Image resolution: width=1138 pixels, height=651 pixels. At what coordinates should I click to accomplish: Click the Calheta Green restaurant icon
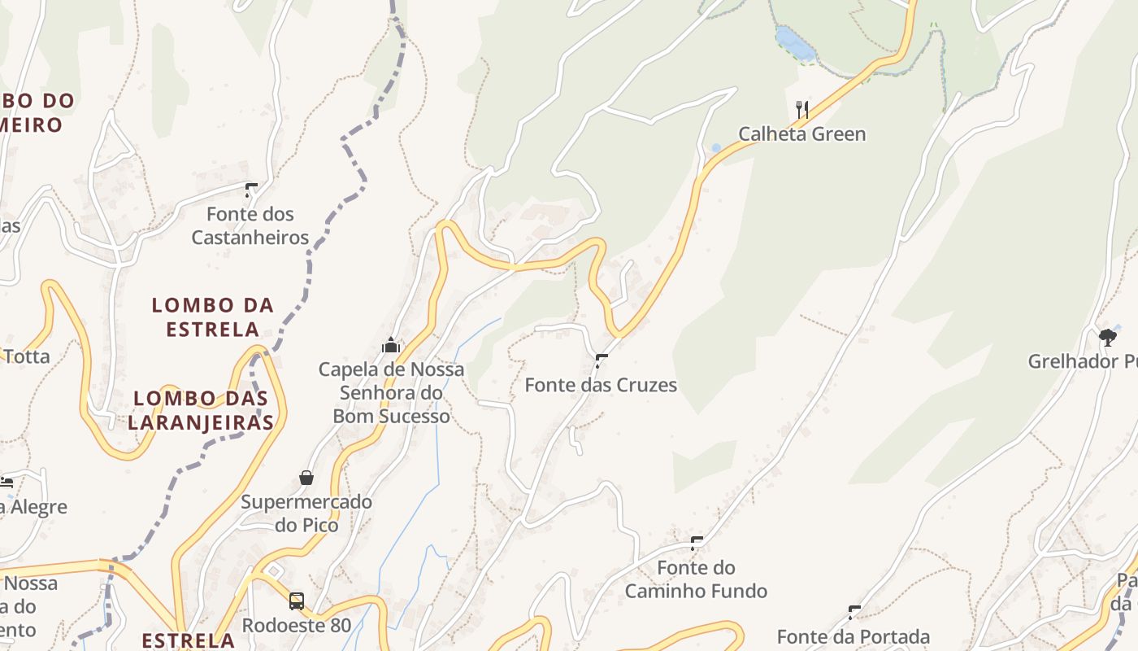[801, 109]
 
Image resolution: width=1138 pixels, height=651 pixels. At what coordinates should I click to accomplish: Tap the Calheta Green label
[801, 134]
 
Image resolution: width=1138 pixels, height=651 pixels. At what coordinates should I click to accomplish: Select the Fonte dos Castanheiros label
[250, 225]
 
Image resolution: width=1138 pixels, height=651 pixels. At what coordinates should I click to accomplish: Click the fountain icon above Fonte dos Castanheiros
[251, 190]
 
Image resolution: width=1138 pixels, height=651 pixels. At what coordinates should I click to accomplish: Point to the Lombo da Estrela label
[213, 317]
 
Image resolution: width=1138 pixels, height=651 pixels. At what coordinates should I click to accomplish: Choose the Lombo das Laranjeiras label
[200, 410]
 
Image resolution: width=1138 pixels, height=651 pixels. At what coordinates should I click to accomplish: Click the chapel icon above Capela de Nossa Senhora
[391, 345]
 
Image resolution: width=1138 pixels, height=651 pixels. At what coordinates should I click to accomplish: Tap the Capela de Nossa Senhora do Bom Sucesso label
[391, 392]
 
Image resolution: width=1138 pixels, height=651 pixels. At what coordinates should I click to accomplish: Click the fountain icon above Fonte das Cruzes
[602, 360]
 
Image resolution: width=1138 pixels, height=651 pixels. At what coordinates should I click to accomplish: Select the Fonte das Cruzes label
[601, 385]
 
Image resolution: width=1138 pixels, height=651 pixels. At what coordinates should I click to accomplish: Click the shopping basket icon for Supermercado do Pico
[306, 478]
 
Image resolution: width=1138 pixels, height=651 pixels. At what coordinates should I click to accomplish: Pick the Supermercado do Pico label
[306, 513]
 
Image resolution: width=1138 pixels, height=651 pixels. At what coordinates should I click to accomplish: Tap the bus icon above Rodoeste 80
[297, 601]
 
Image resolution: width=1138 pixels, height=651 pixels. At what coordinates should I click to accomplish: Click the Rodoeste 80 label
[297, 625]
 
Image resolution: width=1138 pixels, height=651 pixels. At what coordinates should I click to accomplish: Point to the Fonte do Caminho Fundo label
[696, 579]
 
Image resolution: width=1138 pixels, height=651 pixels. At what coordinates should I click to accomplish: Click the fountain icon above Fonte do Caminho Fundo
[697, 543]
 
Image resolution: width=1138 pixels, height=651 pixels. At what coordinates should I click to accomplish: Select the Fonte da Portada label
[853, 636]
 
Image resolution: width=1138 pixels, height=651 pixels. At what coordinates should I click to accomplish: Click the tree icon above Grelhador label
[1107, 337]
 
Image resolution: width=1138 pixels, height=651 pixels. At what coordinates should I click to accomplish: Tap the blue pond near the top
[794, 42]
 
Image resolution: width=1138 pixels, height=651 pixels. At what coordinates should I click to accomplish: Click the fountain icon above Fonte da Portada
[854, 612]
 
